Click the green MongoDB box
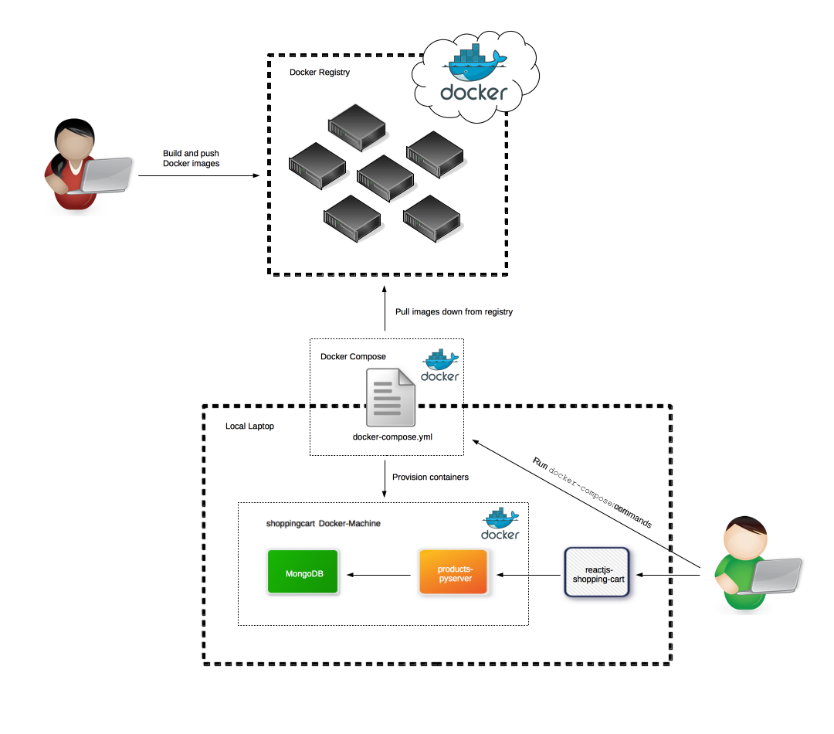(303, 572)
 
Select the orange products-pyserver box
(453, 572)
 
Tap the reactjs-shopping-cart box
(597, 573)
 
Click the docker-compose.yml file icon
(392, 396)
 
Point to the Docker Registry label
(320, 73)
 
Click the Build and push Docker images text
(191, 158)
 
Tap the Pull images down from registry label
(453, 312)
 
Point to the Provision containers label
(430, 477)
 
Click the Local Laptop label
(249, 426)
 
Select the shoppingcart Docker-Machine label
(324, 523)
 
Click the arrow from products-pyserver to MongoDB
(379, 574)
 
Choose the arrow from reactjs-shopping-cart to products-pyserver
(530, 574)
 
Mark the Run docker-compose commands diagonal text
(592, 492)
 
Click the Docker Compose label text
(353, 356)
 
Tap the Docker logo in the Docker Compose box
(440, 366)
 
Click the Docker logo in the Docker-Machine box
(500, 524)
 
